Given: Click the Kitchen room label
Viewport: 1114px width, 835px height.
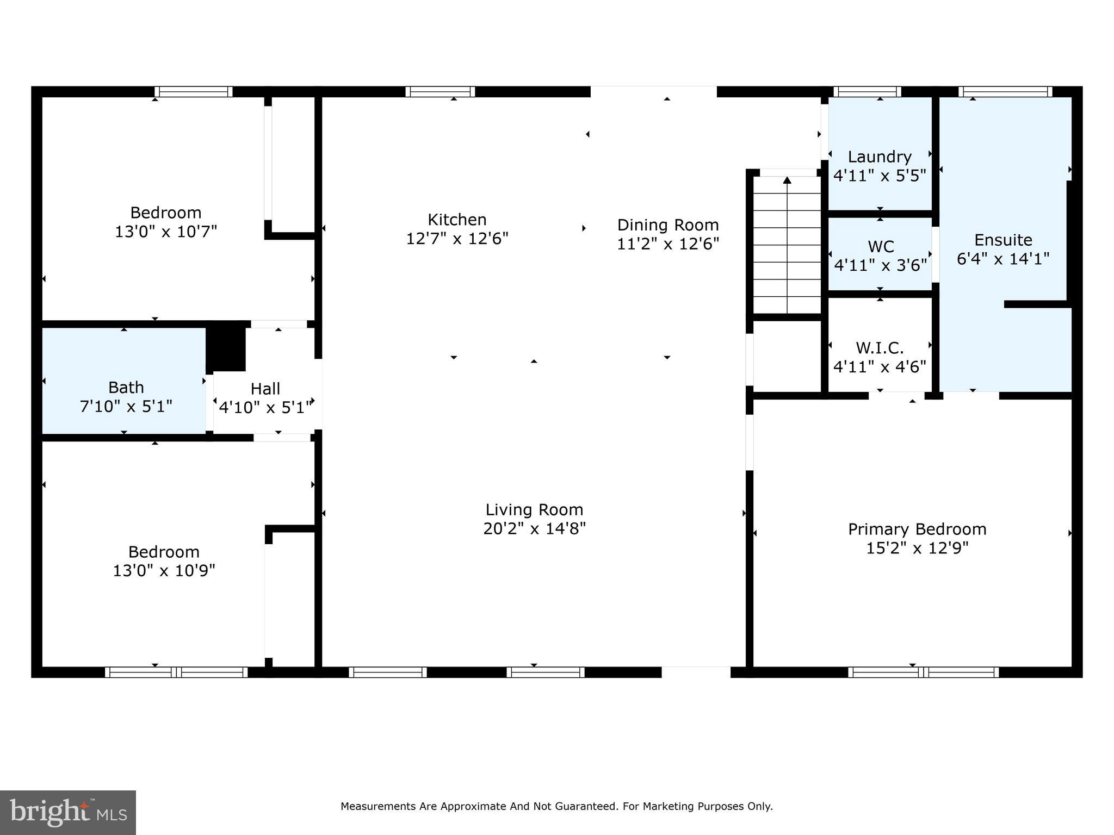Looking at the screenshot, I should [457, 220].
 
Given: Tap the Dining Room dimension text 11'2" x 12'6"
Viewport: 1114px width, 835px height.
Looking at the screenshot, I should [668, 244].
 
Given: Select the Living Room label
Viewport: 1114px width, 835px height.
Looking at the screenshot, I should [534, 510].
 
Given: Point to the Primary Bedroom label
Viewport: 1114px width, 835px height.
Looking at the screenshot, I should [917, 529].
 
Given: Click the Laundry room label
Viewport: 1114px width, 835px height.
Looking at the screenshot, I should [880, 157].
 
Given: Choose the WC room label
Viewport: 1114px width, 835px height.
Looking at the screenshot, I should [881, 247].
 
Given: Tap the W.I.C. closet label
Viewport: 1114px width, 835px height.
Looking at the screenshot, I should [880, 348].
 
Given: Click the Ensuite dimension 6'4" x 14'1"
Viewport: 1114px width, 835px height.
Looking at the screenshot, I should [1003, 259].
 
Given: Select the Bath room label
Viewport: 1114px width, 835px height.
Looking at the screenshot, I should [126, 388].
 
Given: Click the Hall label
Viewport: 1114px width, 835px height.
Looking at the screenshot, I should [265, 389].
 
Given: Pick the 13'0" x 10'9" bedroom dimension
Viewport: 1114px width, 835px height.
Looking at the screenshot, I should [164, 571].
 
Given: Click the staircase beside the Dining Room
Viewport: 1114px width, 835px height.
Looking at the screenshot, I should [787, 250].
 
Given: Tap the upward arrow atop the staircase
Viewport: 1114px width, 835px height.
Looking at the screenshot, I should [787, 180].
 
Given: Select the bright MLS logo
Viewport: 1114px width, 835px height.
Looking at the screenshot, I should [68, 813].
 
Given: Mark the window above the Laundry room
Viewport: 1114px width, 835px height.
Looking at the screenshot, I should [867, 92].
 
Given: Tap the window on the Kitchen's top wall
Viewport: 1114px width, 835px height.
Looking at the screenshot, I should [440, 92].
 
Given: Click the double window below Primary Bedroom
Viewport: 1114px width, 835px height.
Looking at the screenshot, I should [923, 672].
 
